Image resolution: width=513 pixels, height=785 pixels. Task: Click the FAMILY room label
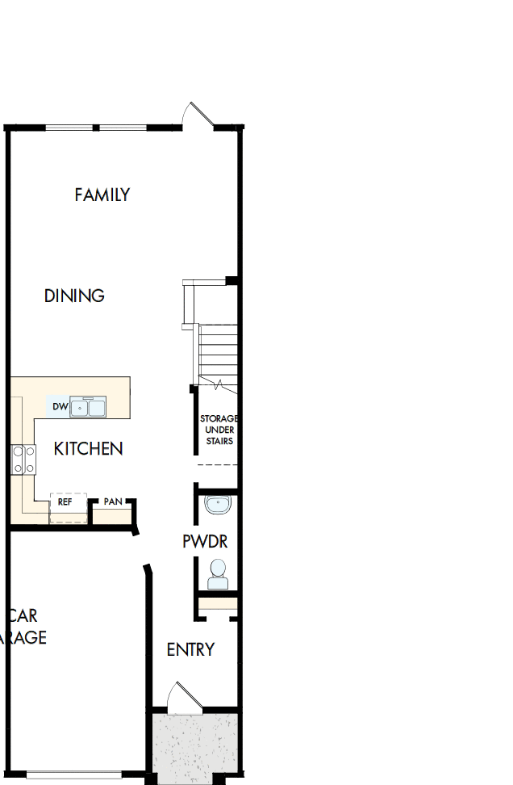tap(102, 195)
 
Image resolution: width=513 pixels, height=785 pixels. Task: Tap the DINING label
tap(74, 296)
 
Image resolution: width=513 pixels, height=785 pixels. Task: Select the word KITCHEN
tap(88, 448)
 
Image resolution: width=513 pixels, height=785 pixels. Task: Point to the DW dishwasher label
tap(60, 407)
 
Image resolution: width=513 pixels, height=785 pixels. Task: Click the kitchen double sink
tap(88, 407)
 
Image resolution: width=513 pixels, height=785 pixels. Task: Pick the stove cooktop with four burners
tap(23, 460)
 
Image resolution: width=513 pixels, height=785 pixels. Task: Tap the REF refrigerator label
tap(65, 502)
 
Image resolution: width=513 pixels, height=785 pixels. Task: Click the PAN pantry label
tap(113, 502)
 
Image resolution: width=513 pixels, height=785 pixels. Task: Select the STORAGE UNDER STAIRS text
tap(219, 430)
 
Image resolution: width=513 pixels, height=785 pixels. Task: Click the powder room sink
tap(218, 506)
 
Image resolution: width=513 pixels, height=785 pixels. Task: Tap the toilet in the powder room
tap(218, 574)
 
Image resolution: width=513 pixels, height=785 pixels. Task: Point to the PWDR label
tap(205, 541)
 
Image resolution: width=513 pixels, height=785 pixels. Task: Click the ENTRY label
tap(190, 649)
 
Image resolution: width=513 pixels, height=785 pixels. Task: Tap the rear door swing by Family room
tap(196, 115)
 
